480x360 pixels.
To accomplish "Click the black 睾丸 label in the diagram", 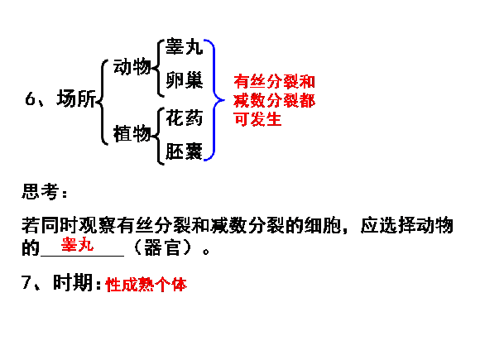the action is (184, 47).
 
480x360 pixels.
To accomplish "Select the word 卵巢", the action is (184, 80).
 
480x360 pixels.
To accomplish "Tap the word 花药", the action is (184, 118).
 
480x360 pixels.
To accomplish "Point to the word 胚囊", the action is (184, 151).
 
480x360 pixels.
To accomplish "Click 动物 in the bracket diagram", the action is (132, 67).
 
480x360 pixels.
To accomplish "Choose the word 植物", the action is (132, 133).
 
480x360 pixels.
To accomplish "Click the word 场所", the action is (76, 98).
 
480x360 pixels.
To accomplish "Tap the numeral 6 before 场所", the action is (30, 99).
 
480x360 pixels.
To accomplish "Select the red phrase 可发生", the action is (257, 119).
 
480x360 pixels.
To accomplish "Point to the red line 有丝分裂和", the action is (274, 81).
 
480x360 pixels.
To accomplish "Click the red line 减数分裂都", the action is (274, 100).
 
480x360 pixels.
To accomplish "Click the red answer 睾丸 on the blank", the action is (77, 244).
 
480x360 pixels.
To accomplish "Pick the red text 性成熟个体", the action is (146, 285).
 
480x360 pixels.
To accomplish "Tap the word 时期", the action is (73, 282).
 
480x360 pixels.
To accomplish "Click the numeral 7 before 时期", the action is (26, 282).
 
